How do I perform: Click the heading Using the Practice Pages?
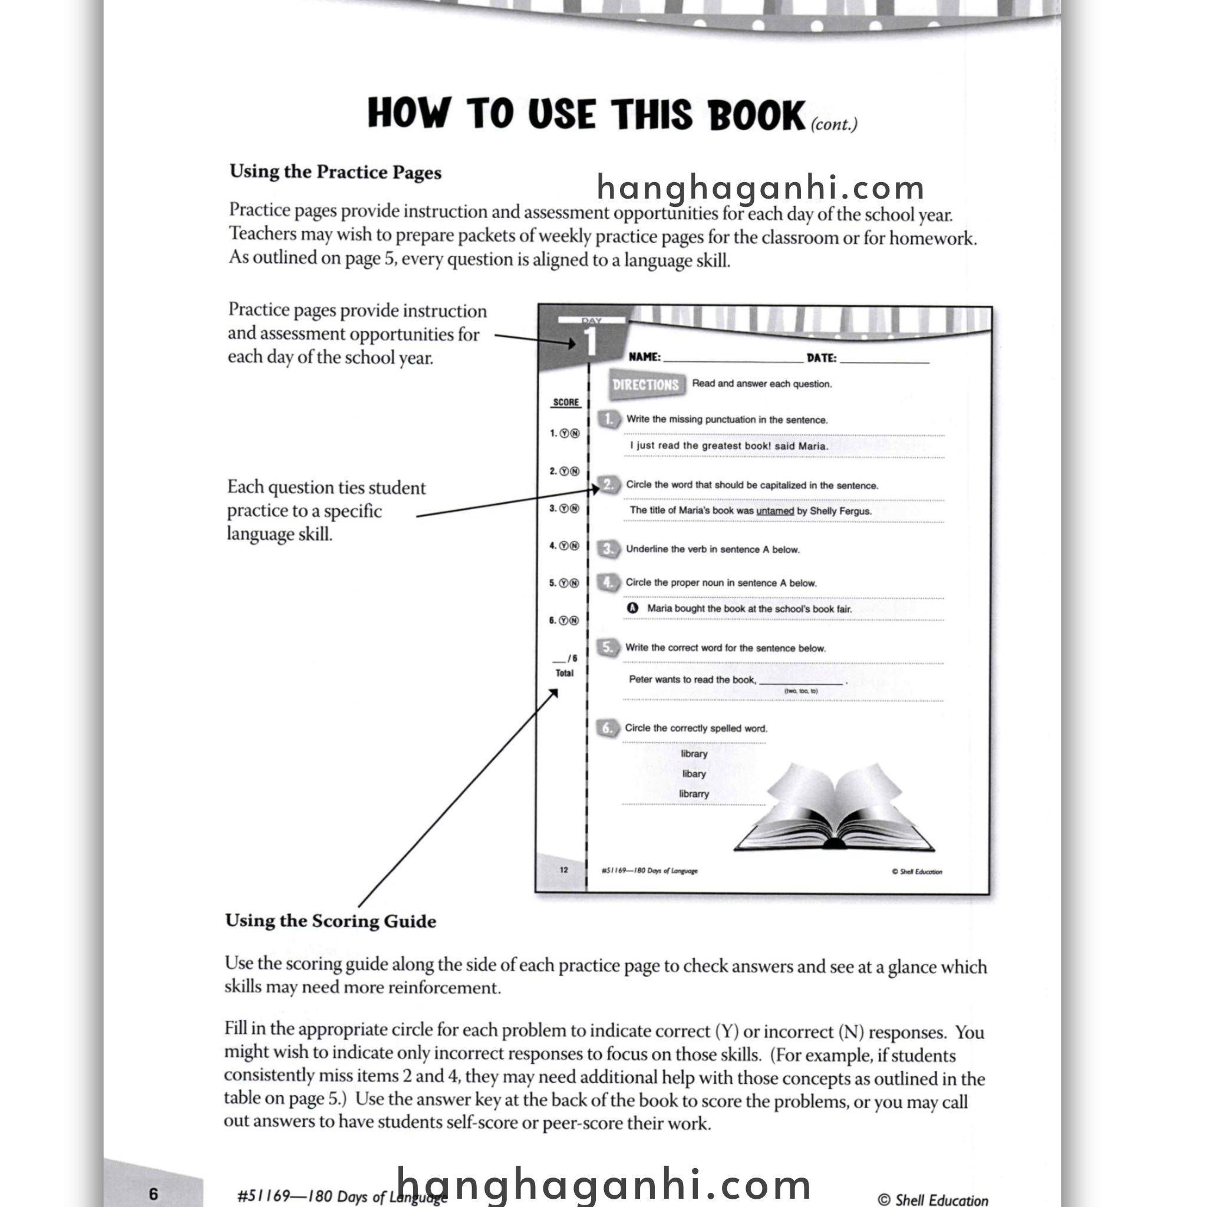[x=335, y=172]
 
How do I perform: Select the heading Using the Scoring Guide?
[x=331, y=921]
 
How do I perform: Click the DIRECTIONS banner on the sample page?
[x=645, y=385]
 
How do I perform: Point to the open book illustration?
[x=834, y=809]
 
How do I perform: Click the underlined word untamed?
[x=774, y=511]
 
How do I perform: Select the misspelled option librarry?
[x=694, y=794]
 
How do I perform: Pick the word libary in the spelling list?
[x=694, y=774]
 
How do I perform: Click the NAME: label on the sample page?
[x=645, y=357]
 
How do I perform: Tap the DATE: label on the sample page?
[x=822, y=358]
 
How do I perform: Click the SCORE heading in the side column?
[x=566, y=403]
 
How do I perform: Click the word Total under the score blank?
[x=565, y=674]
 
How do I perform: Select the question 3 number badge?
[x=608, y=549]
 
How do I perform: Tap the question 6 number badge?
[x=607, y=728]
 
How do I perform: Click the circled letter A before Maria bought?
[x=633, y=608]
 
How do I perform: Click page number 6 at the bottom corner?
[x=154, y=1194]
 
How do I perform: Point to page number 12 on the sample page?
[x=564, y=870]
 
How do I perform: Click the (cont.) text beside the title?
[x=834, y=124]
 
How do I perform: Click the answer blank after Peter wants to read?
[x=801, y=681]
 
